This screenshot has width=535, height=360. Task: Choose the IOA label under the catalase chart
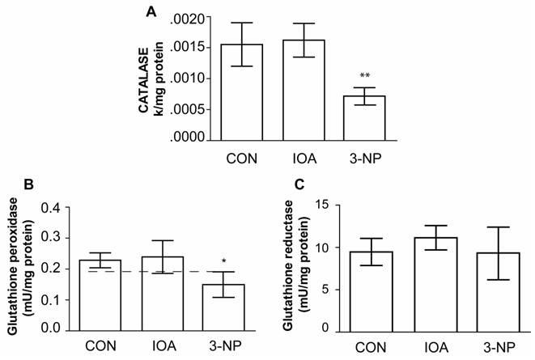click(x=304, y=157)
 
